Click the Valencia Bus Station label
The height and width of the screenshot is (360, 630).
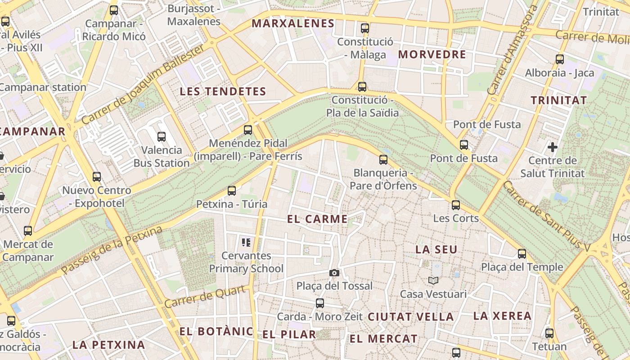[x=162, y=157]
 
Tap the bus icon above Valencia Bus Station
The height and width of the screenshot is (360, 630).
[x=162, y=137]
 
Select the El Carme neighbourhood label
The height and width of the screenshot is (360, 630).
[x=317, y=219]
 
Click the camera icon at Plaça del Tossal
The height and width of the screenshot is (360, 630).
[x=334, y=273]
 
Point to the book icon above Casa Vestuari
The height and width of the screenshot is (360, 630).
[x=433, y=281]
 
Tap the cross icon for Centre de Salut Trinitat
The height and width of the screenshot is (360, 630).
[x=553, y=147]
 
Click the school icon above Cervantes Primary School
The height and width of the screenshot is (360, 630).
[x=246, y=243]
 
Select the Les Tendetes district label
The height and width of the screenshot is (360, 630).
[x=223, y=92]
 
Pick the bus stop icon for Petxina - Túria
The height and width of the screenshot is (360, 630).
[x=232, y=191]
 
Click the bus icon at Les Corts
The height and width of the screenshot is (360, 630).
[x=456, y=205]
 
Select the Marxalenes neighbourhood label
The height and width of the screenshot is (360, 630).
[x=293, y=23]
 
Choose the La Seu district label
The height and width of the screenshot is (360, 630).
[x=436, y=249]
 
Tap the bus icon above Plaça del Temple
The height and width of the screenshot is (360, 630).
[x=522, y=254]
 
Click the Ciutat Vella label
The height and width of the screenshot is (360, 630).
[x=411, y=317]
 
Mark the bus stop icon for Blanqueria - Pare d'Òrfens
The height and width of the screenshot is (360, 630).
[x=383, y=160]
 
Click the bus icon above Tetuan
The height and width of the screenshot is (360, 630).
[x=549, y=333]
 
